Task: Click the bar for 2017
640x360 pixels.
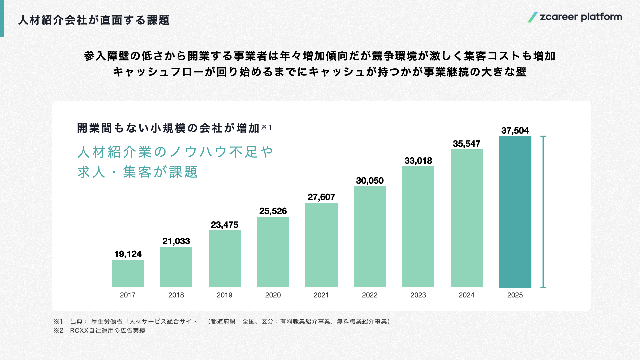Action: (128, 273)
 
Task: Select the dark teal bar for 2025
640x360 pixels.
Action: (515, 212)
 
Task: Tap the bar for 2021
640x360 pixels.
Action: (321, 245)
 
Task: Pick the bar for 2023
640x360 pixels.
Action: (418, 227)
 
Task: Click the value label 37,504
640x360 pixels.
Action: (515, 131)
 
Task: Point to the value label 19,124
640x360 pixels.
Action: (128, 254)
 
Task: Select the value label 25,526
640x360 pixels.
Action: (273, 211)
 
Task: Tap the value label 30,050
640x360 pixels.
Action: (370, 181)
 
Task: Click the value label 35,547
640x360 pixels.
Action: (466, 144)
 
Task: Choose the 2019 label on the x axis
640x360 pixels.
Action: (224, 295)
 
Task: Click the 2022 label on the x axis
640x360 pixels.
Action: (370, 295)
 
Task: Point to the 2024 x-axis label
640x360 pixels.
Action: (466, 295)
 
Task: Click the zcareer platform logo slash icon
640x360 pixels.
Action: (532, 17)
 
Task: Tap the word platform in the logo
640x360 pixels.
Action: (601, 17)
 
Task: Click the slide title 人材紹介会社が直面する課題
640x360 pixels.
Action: (94, 20)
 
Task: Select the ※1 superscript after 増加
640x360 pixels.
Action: (266, 127)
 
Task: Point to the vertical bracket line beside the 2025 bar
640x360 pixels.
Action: (543, 212)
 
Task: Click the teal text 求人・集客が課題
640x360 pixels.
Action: (138, 172)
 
